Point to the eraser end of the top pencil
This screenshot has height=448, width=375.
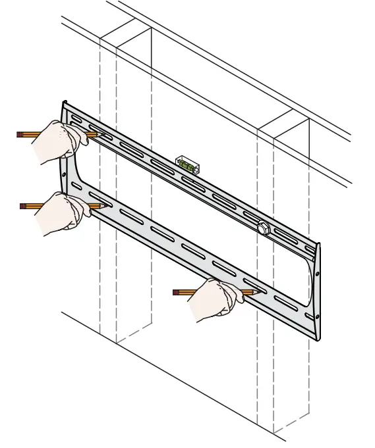pos(19,134)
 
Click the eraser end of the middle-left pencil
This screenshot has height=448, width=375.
pos(22,206)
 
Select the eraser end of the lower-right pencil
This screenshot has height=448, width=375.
pos(175,291)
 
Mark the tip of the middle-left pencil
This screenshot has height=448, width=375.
pos(107,206)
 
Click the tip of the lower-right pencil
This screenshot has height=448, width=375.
pos(258,292)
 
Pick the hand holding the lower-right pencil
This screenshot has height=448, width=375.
pos(214,299)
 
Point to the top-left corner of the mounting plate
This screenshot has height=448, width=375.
pos(64,103)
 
